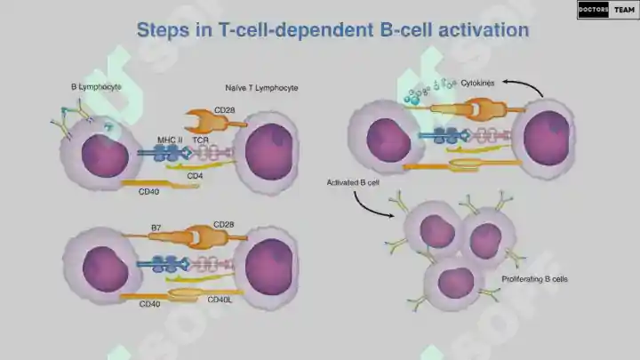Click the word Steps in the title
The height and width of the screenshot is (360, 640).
[163, 30]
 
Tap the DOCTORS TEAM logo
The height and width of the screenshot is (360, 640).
[608, 10]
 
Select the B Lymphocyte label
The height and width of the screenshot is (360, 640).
[96, 87]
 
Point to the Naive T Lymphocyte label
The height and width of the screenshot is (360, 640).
[261, 88]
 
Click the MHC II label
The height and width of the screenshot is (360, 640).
[170, 140]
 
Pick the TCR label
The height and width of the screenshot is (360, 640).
[200, 140]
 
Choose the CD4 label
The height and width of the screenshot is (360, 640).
[195, 176]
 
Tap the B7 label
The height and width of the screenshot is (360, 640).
[156, 228]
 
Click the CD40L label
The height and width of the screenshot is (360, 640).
[220, 300]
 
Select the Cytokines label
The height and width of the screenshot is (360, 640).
[477, 83]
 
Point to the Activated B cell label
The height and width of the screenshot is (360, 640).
[353, 182]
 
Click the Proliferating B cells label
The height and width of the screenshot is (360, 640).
[535, 279]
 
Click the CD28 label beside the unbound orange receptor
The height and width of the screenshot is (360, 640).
[225, 110]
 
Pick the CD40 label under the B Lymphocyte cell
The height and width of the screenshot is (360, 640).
[148, 191]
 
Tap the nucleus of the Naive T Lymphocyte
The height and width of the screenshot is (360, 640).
[269, 151]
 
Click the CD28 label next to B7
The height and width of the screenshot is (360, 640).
[224, 225]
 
